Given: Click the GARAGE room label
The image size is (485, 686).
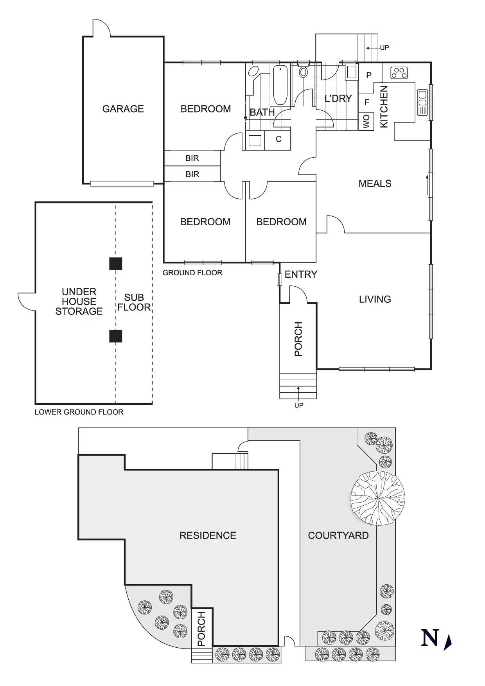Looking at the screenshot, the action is [123, 109].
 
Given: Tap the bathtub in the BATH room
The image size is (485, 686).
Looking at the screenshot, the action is [280, 85].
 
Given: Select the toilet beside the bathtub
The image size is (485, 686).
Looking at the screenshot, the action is [303, 72].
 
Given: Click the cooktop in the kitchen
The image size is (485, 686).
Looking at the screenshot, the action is [399, 72].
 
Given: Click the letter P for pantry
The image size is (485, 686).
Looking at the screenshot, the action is [369, 75].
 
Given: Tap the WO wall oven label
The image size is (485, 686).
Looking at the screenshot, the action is [366, 122].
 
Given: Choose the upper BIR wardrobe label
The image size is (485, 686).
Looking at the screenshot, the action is [192, 158].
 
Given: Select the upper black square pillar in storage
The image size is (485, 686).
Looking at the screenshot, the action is [115, 264].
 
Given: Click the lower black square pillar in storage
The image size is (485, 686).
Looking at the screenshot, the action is [115, 336].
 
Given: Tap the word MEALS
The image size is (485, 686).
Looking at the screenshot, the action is [375, 183].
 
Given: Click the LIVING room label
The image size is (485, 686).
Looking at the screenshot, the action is [375, 299].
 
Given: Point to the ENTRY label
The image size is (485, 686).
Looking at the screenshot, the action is [301, 275].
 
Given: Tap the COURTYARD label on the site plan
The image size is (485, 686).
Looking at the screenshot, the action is [338, 535].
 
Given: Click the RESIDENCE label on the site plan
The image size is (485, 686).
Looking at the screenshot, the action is [208, 535].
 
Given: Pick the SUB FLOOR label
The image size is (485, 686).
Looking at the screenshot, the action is [134, 302].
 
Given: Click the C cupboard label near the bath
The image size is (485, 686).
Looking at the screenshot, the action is [278, 139].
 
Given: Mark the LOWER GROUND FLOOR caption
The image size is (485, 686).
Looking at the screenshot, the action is [79, 412].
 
